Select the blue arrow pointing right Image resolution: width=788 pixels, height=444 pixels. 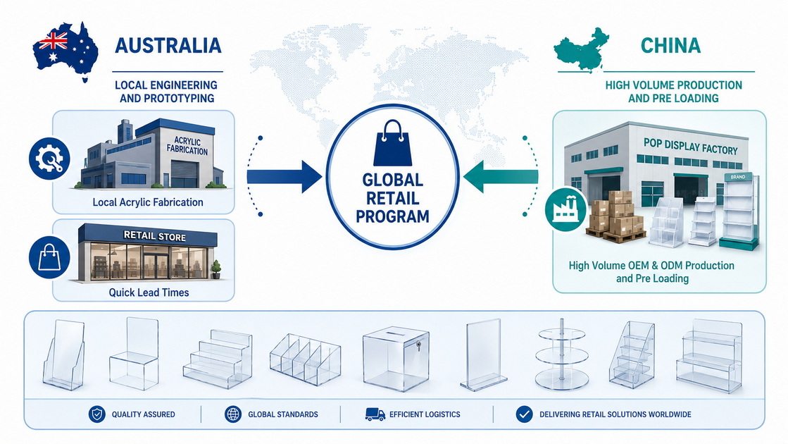pyautogui.click(x=284, y=176)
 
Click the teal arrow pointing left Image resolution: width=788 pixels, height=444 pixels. pyautogui.click(x=501, y=176)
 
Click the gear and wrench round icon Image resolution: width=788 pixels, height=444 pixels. pyautogui.click(x=49, y=159)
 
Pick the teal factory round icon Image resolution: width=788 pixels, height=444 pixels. pyautogui.click(x=566, y=210)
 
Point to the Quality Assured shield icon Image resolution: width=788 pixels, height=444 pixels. pyautogui.click(x=97, y=414)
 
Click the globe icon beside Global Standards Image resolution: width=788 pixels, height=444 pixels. pyautogui.click(x=232, y=414)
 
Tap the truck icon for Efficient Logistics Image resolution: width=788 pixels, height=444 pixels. pyautogui.click(x=375, y=414)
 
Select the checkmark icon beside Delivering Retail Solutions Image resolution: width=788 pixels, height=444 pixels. pyautogui.click(x=524, y=414)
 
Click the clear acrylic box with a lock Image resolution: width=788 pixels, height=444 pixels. pyautogui.click(x=396, y=359)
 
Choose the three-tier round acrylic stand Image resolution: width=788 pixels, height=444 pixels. pyautogui.click(x=562, y=354)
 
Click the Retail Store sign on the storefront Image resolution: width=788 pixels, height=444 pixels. pyautogui.click(x=155, y=236)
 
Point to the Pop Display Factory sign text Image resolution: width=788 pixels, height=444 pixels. pyautogui.click(x=691, y=147)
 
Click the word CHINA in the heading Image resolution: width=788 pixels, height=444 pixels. pyautogui.click(x=670, y=46)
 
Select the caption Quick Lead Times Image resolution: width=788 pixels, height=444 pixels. pyautogui.click(x=149, y=292)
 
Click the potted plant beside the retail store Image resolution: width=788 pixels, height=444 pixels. pyautogui.click(x=215, y=269)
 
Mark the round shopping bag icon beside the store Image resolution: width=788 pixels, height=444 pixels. pyautogui.click(x=49, y=257)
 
